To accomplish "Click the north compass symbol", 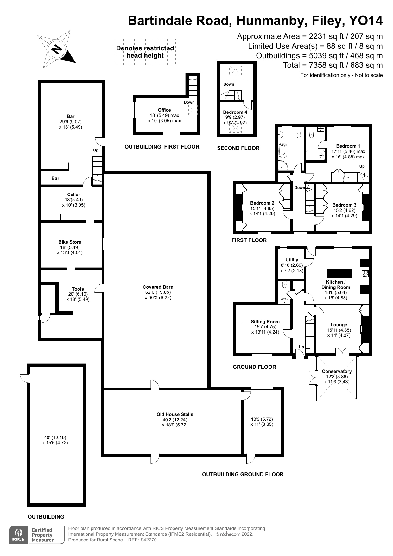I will (57, 49).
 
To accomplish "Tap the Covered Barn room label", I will (158, 287).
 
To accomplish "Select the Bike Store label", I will (70, 242).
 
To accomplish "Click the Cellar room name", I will (73, 195).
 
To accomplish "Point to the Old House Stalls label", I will (174, 414).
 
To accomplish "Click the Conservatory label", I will (337, 371).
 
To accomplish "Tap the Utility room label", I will (292, 260).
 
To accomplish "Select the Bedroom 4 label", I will (235, 112).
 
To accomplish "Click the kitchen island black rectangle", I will (339, 273).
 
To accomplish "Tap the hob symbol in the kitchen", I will (365, 274).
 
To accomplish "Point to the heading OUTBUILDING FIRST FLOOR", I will (162, 147).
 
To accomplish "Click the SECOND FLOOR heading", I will (238, 148).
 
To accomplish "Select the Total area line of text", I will (333, 65).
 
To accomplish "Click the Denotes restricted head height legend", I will (145, 52).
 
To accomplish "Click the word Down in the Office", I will (189, 102).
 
